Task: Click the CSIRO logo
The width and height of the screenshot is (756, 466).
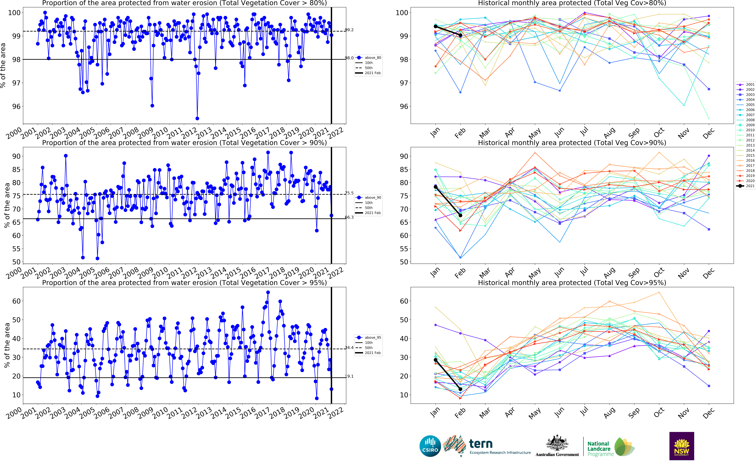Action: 430,446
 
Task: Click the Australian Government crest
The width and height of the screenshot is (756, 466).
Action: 557,444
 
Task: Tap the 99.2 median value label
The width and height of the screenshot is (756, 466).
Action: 349,30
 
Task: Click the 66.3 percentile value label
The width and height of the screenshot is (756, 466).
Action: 349,217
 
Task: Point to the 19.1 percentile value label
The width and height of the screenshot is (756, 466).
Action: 349,376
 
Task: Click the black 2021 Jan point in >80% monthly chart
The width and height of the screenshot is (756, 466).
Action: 435,27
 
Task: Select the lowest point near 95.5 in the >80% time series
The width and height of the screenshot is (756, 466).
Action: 197,118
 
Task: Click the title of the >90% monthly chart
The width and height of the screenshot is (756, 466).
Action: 572,143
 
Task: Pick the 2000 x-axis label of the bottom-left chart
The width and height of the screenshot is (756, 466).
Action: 14,413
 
